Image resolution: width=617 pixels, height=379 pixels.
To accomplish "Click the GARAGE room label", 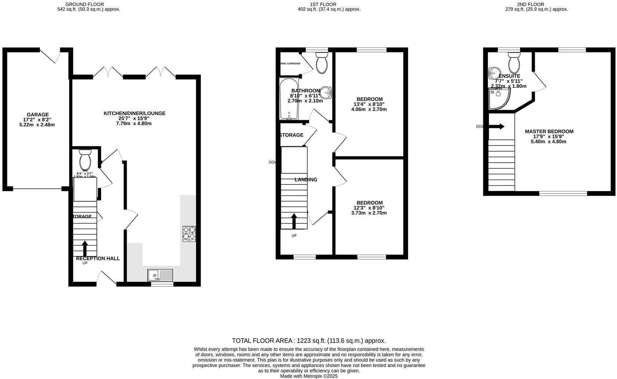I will coord(37,115).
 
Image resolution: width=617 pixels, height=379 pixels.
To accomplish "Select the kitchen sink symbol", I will coord(160,275).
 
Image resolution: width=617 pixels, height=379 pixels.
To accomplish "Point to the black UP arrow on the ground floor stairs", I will coord(85,249).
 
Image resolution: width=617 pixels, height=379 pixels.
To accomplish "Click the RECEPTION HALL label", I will coord(98,259).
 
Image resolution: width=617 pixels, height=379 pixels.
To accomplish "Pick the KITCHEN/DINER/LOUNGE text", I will coord(134,113).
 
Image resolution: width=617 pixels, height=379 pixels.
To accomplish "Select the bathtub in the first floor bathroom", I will coord(288,98).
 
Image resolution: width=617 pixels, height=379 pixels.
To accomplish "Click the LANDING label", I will coord(306,180).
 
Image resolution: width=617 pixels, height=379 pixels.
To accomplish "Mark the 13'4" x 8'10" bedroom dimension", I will coord(369,104).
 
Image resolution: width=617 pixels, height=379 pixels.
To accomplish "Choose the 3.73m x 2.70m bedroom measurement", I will coord(369,213).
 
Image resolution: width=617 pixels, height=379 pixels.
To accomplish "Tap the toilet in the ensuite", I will coord(514,62).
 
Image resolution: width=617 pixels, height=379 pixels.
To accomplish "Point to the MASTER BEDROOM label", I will coord(549,131).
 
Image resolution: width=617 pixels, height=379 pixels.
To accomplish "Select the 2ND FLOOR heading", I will coord(536,4).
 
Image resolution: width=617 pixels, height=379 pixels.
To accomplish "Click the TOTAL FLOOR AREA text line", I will coord(308,341).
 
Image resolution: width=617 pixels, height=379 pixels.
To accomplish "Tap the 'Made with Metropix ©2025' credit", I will coord(308,376).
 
